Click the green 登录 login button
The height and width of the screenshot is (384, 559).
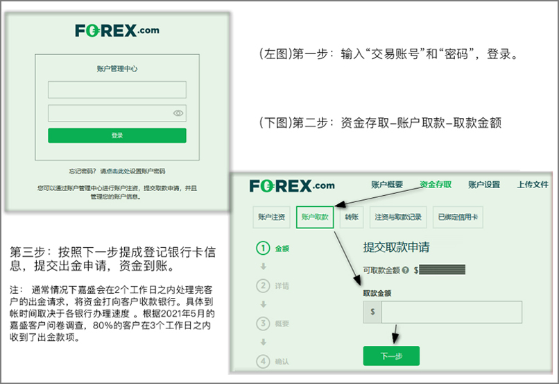pos(117,135)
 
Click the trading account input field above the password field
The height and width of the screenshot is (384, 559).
pos(117,90)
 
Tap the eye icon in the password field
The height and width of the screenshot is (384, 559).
pos(178,113)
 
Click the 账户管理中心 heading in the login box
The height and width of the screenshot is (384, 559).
pos(117,68)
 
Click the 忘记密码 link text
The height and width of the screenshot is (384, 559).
pos(83,171)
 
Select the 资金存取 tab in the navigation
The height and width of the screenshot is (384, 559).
pos(436,185)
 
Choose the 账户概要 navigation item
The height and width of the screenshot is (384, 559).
pos(387,185)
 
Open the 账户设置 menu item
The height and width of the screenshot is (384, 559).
pos(484,185)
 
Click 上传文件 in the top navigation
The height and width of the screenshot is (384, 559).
pos(533,185)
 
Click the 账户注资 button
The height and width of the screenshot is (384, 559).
pos(271,217)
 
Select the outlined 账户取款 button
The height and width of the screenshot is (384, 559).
pos(315,217)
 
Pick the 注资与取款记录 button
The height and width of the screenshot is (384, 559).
pos(397,217)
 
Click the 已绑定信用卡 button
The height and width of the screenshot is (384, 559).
pos(458,217)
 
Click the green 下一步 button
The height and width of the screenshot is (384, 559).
pos(391,356)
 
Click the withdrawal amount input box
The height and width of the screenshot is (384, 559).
pos(451,312)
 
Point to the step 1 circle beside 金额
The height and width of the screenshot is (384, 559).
pos(263,248)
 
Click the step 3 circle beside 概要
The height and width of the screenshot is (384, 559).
pos(263,323)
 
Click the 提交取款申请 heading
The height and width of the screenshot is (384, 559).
pos(395,247)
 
